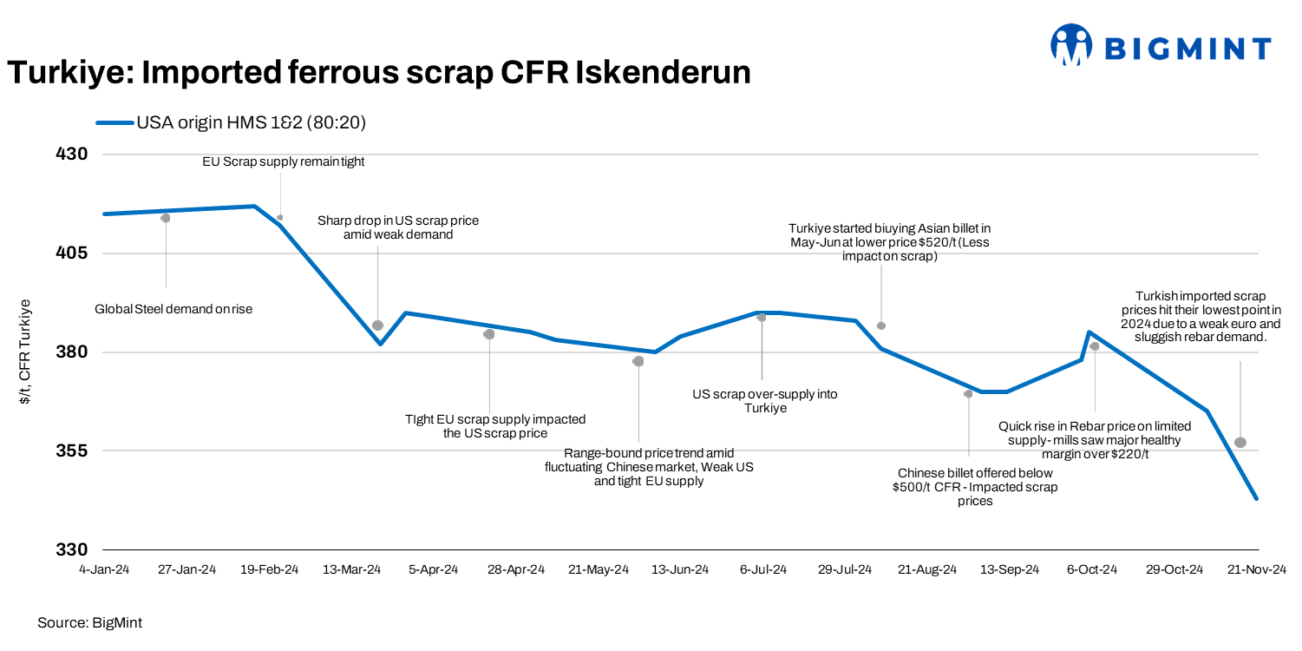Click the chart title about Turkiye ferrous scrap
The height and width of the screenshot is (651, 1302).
point(378,73)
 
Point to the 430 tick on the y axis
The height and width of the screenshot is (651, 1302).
point(73,155)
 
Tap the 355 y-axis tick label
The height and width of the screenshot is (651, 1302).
point(73,451)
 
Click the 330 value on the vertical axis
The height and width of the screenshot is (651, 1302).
point(73,550)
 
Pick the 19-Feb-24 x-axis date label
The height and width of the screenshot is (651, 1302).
point(269,569)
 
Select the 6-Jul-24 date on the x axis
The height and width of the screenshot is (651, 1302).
point(763,569)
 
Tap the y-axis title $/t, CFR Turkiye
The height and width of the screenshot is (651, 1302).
point(25,352)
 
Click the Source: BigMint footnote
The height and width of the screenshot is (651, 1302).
point(89,622)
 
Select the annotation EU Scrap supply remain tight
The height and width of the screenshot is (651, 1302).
point(284,161)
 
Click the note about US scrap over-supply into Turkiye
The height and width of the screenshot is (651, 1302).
point(765,401)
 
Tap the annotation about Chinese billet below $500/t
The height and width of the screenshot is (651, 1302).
point(975,487)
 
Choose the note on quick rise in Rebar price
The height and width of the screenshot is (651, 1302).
point(1095,440)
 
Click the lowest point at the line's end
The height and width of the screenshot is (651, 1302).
point(1256,498)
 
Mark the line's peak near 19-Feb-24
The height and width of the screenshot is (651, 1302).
point(254,206)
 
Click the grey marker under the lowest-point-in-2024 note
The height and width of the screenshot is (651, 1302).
point(1240,443)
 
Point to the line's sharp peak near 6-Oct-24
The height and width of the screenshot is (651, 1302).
point(1089,332)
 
